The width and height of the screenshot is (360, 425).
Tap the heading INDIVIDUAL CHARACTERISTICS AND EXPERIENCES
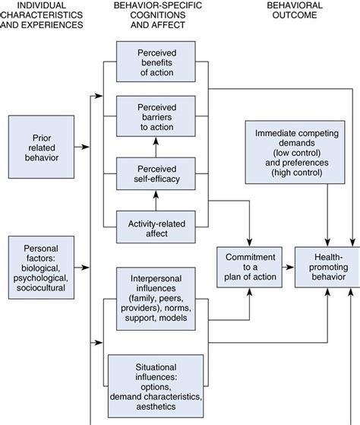pos(44,16)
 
